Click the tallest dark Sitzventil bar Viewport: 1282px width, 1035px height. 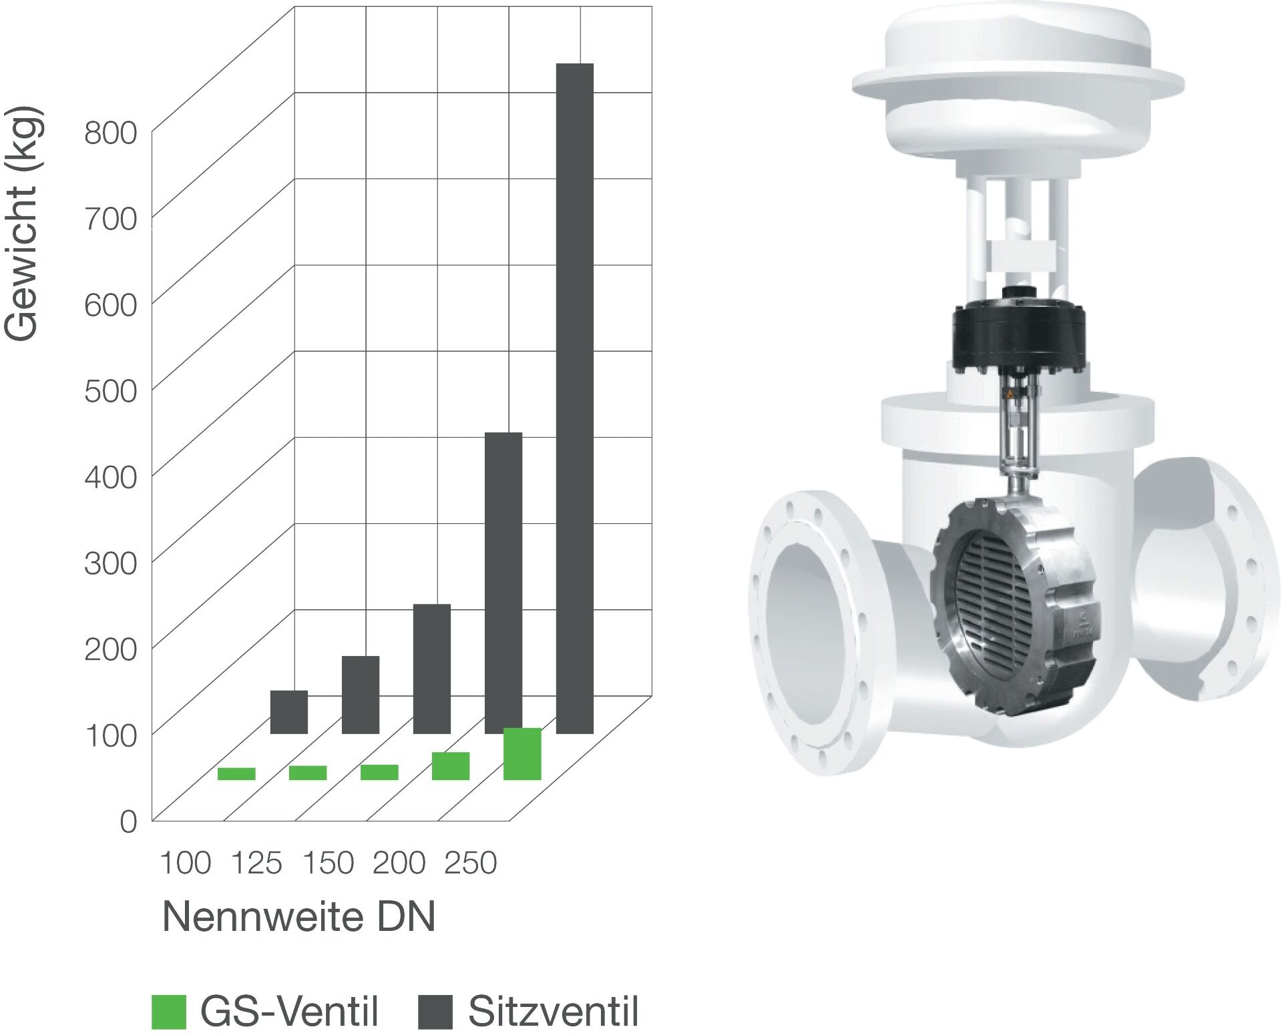pyautogui.click(x=575, y=398)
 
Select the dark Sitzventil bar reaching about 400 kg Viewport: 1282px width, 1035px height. pyautogui.click(x=503, y=583)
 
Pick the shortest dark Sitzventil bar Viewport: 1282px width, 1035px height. pyautogui.click(x=289, y=712)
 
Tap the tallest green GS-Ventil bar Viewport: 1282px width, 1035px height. pyautogui.click(x=522, y=754)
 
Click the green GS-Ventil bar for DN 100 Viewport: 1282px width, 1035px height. pyautogui.click(x=236, y=774)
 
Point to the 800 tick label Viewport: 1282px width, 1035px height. pyautogui.click(x=110, y=133)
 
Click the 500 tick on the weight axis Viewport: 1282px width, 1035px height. pyautogui.click(x=110, y=391)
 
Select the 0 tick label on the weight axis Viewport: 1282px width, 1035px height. pyautogui.click(x=128, y=822)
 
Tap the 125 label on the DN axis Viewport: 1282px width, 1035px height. pyautogui.click(x=256, y=863)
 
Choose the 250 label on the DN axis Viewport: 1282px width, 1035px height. pyautogui.click(x=471, y=863)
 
